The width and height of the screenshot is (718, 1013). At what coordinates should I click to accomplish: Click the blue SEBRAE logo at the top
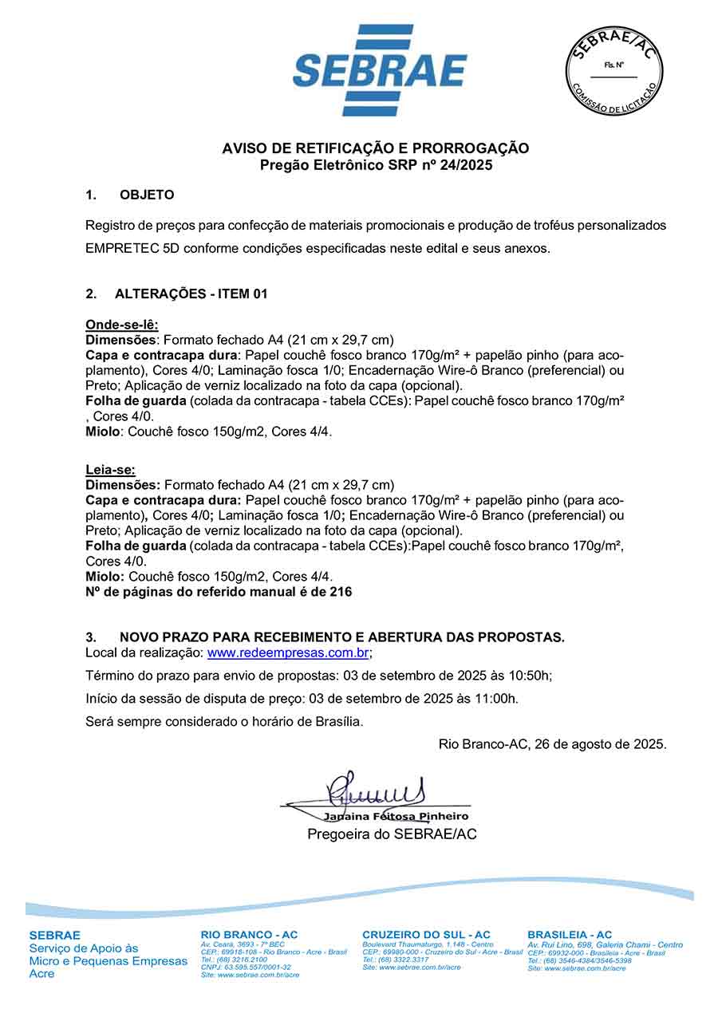click(380, 70)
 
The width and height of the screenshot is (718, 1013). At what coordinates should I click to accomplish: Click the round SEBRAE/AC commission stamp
click(614, 70)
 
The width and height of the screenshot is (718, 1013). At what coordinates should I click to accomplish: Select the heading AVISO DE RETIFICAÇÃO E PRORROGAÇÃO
click(375, 148)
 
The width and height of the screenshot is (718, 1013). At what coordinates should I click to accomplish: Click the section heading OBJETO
click(147, 195)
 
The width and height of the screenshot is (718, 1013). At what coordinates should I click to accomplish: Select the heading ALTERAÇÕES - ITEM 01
click(191, 294)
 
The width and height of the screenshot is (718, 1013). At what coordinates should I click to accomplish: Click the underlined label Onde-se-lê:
click(122, 325)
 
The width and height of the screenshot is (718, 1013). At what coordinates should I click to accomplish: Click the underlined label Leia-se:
click(110, 471)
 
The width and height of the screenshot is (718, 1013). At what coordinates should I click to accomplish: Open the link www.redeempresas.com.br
click(288, 652)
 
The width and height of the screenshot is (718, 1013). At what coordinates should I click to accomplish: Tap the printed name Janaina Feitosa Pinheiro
click(396, 817)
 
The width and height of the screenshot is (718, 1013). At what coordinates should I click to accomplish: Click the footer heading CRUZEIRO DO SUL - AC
click(426, 935)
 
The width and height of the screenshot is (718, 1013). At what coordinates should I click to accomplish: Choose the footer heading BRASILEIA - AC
click(570, 935)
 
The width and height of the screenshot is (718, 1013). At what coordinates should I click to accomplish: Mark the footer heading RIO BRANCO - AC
click(249, 935)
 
